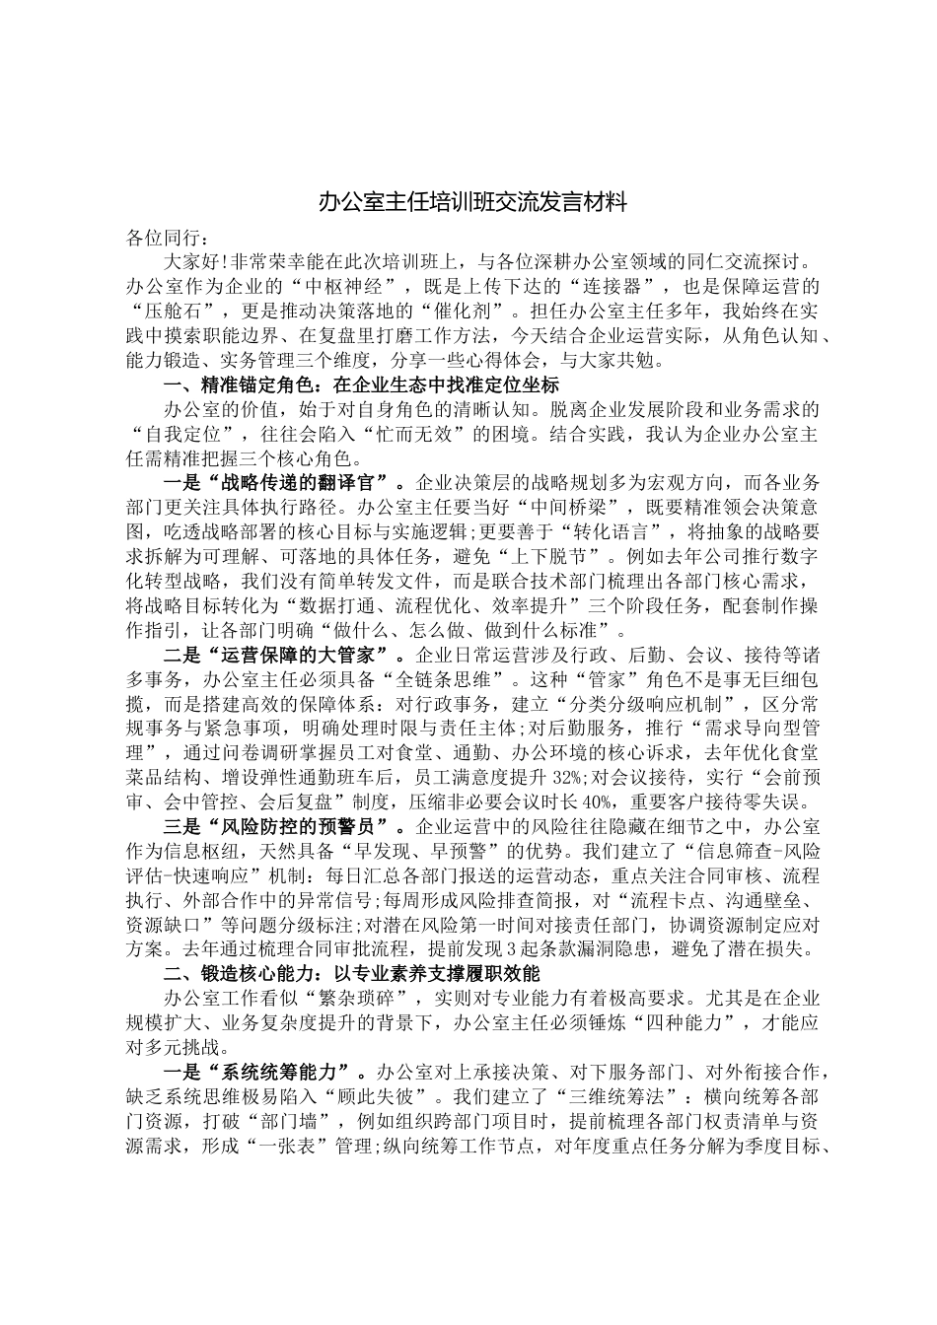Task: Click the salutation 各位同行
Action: (x=163, y=239)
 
